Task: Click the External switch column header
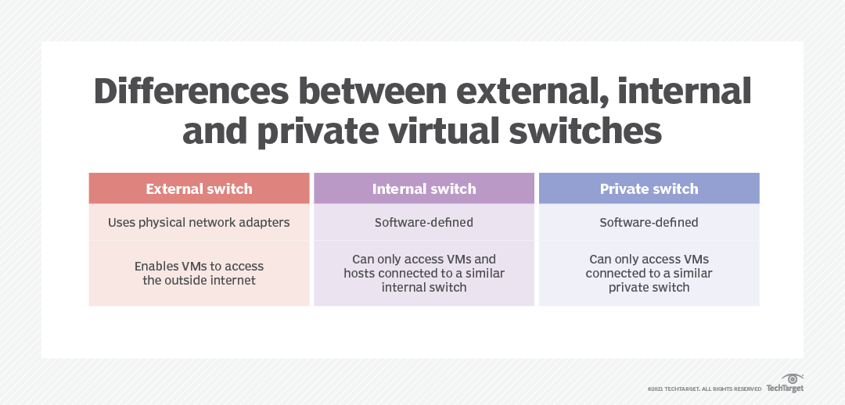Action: [x=199, y=188]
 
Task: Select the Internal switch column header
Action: [x=423, y=188]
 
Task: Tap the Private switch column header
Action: [x=649, y=188]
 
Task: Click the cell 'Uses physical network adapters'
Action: [x=199, y=223]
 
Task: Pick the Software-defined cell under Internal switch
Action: [x=423, y=223]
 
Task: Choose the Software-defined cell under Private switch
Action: [x=649, y=223]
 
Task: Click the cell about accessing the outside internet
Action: [x=199, y=273]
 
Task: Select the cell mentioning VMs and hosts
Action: [x=423, y=273]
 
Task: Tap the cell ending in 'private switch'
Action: [x=649, y=273]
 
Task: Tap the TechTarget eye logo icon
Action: [x=791, y=378]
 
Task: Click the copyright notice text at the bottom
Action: [x=704, y=389]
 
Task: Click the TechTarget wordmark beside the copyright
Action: [x=784, y=389]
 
